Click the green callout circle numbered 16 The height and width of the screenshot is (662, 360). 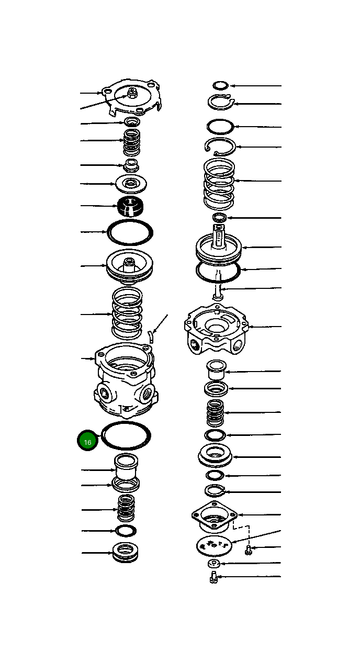(87, 441)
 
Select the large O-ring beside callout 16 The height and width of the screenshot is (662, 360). (126, 435)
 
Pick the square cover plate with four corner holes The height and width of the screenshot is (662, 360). (215, 515)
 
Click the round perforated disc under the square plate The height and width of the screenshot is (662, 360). (213, 545)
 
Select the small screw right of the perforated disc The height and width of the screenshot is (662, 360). (249, 549)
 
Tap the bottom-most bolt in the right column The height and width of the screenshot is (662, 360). (213, 578)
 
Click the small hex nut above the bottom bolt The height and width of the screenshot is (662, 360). (212, 564)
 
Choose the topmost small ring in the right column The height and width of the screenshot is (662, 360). (220, 85)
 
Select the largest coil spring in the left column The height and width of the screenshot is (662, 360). (127, 313)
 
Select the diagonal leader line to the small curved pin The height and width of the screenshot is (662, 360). (160, 323)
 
